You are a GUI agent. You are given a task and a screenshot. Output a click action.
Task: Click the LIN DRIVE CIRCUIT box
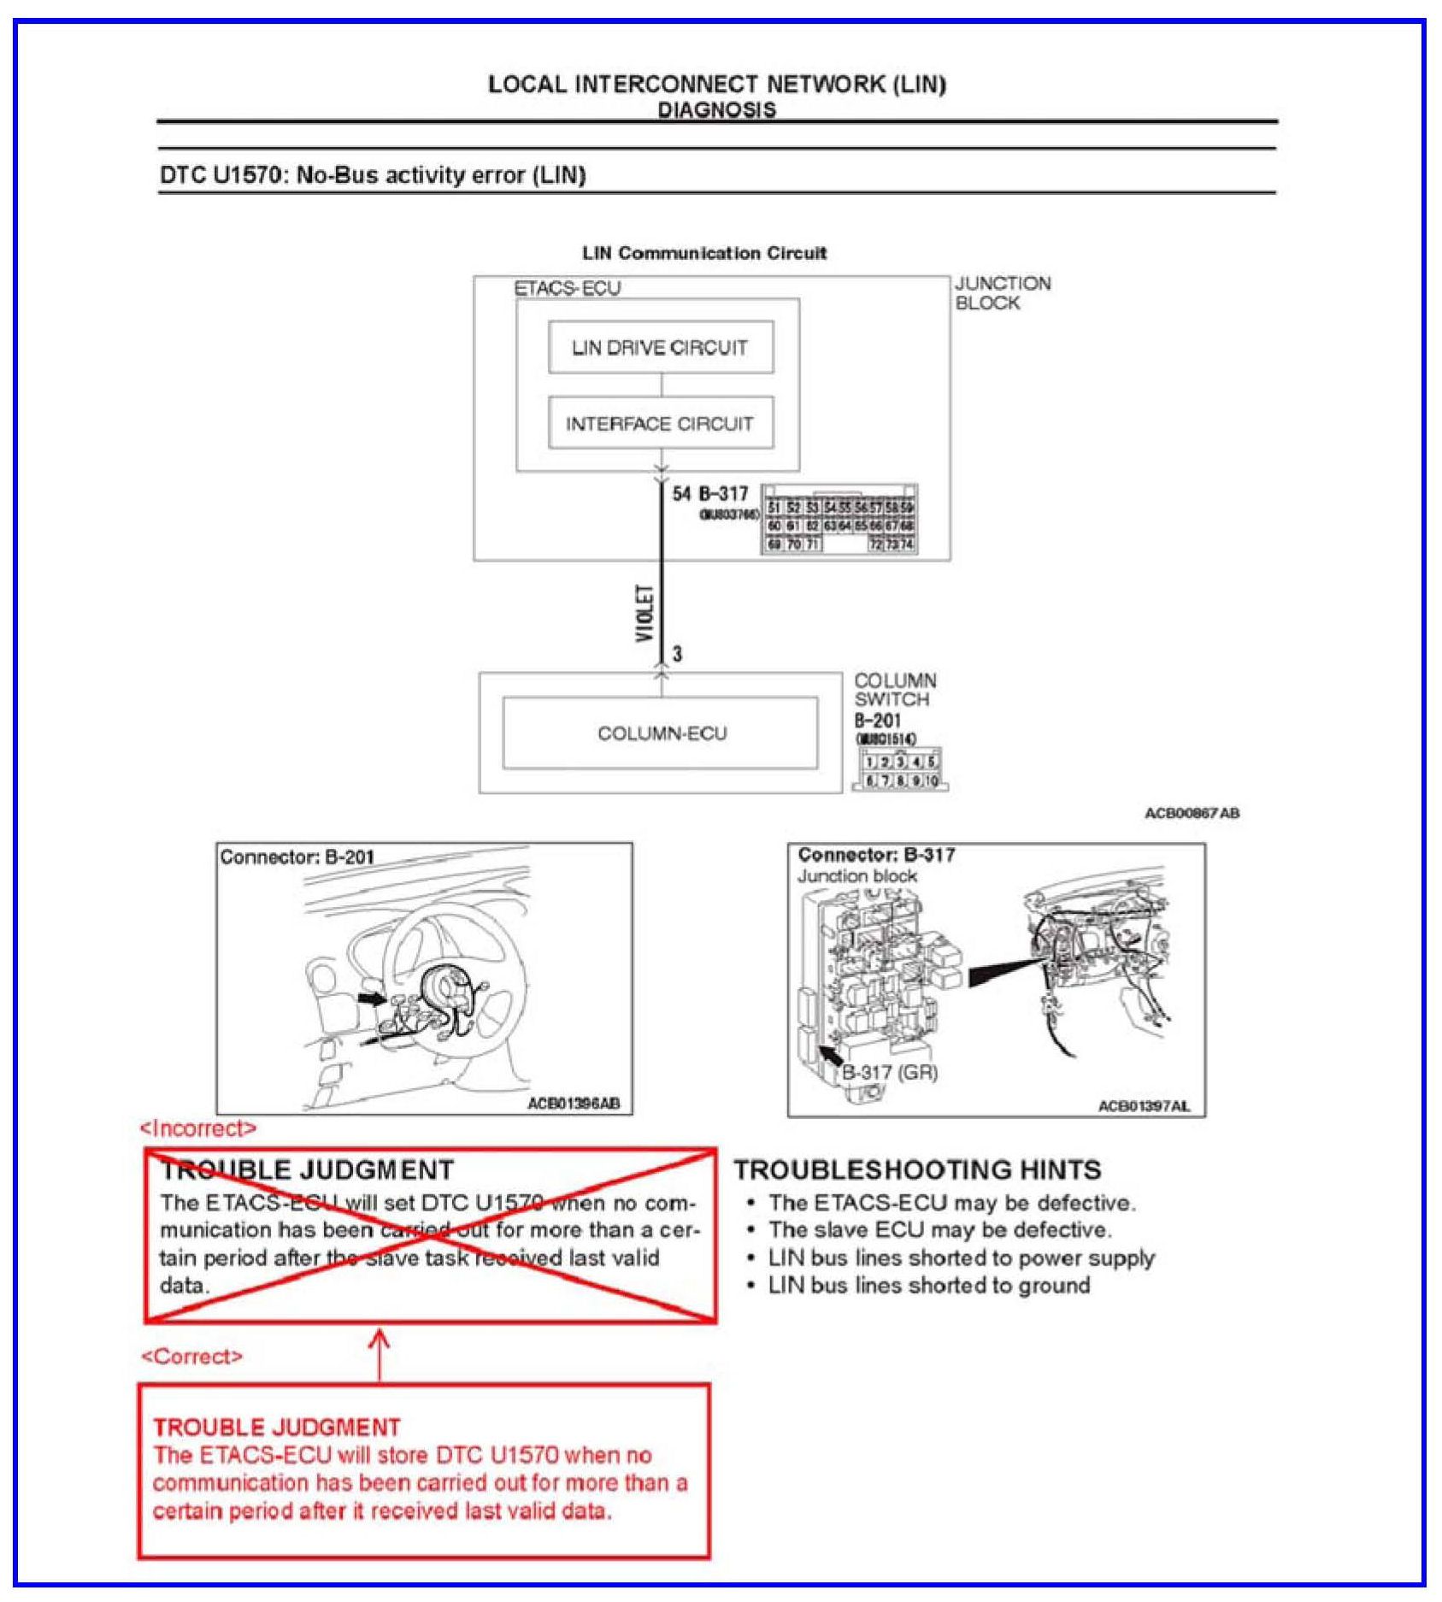pyautogui.click(x=660, y=347)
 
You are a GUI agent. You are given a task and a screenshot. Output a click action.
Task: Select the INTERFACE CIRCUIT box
pyautogui.click(x=660, y=423)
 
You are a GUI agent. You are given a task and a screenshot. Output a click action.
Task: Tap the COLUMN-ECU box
pyautogui.click(x=661, y=733)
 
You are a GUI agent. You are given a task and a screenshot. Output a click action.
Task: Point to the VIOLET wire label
pyautogui.click(x=645, y=613)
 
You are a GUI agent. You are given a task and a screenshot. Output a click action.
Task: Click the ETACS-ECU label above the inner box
pyautogui.click(x=567, y=288)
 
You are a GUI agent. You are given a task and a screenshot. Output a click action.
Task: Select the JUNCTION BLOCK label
pyautogui.click(x=1002, y=293)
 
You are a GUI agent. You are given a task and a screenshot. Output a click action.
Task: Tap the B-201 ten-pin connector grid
pyautogui.click(x=900, y=770)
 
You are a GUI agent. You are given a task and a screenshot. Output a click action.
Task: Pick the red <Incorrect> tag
pyautogui.click(x=198, y=1128)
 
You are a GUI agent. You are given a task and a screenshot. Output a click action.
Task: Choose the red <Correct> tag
pyautogui.click(x=192, y=1357)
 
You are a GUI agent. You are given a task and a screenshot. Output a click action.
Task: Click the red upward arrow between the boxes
pyautogui.click(x=380, y=1353)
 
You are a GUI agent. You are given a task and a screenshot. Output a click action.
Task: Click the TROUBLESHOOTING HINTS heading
pyautogui.click(x=917, y=1169)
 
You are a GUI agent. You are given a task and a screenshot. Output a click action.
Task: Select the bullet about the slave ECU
pyautogui.click(x=939, y=1230)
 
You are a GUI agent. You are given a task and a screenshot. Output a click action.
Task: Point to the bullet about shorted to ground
pyautogui.click(x=928, y=1285)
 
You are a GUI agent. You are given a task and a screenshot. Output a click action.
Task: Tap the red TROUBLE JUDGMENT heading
pyautogui.click(x=277, y=1427)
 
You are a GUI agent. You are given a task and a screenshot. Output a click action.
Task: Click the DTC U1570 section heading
pyautogui.click(x=373, y=175)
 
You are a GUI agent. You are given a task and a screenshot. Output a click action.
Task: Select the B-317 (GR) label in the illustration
pyautogui.click(x=890, y=1072)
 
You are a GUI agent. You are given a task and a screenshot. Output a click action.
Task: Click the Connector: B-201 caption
pyautogui.click(x=297, y=857)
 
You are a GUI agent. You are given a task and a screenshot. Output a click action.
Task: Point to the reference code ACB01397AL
pyautogui.click(x=1143, y=1106)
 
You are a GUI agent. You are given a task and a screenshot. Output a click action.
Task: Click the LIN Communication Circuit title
pyautogui.click(x=704, y=253)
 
